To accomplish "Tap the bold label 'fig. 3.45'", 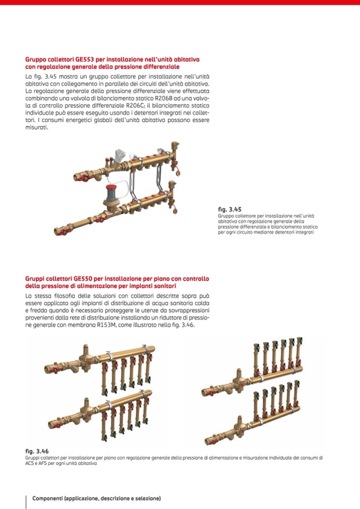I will pyautogui.click(x=229, y=210).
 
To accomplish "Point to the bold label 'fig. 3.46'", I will pyautogui.click(x=37, y=451).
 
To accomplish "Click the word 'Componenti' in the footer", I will pyautogui.click(x=47, y=498).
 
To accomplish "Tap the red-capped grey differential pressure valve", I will pyautogui.click(x=112, y=194).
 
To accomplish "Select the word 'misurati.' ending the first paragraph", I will pyautogui.click(x=37, y=127).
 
